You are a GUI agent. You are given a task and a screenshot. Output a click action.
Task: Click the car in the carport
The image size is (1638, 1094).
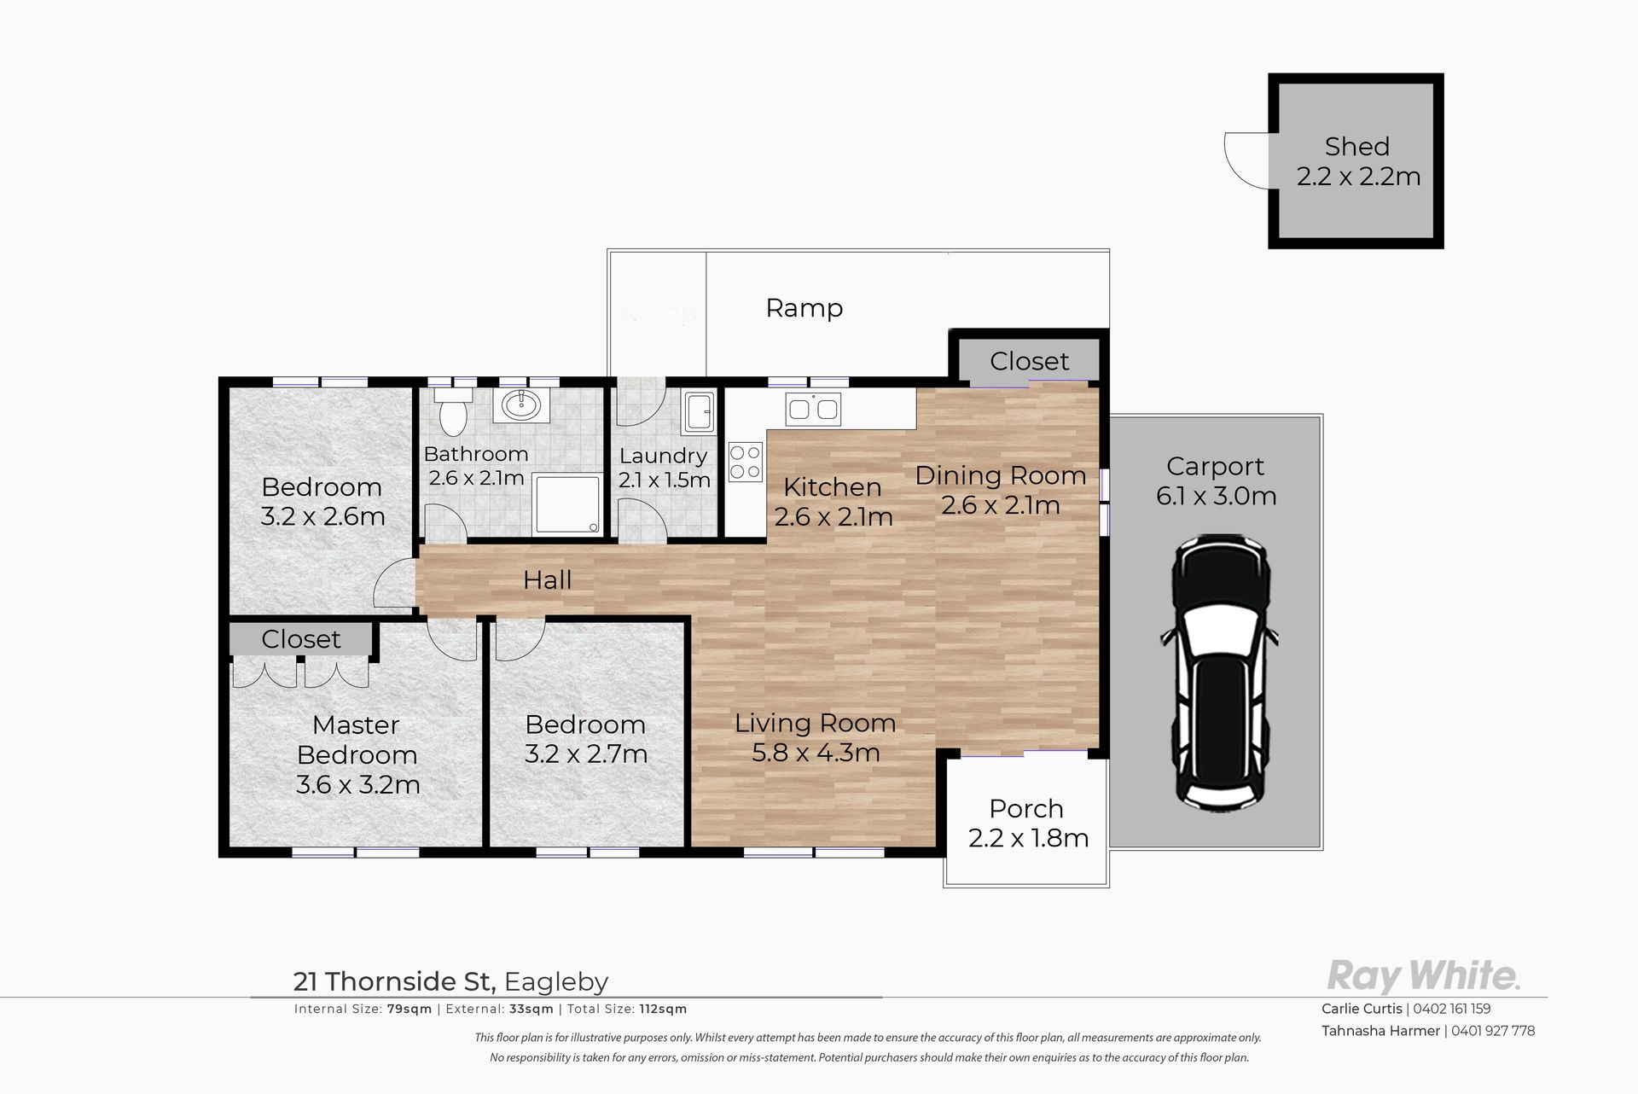[1218, 673]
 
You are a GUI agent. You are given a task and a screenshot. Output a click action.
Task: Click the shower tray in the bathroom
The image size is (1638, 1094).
[566, 504]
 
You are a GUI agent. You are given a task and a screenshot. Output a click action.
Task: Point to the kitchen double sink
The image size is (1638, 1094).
[814, 409]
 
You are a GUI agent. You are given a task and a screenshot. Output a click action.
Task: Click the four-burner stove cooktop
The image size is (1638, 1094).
[745, 462]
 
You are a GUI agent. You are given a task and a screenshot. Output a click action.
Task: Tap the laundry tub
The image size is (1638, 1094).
[700, 411]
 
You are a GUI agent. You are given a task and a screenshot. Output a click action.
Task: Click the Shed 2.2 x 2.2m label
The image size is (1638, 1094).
[1358, 161]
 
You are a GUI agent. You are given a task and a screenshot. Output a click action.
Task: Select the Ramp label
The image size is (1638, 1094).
[804, 308]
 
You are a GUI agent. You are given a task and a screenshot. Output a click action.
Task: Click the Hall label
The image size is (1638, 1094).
[547, 580]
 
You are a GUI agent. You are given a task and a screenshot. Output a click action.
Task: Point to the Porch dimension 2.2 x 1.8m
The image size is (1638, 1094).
[1028, 839]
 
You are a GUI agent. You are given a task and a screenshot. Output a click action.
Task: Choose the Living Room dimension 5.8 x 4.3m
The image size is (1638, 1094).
[816, 753]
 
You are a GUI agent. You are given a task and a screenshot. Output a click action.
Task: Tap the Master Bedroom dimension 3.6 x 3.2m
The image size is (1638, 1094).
[357, 784]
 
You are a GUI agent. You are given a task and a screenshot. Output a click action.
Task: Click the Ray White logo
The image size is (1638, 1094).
[1423, 975]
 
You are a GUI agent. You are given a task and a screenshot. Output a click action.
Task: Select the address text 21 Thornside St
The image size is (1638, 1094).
[394, 982]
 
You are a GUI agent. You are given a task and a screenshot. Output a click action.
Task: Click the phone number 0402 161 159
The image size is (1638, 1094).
[1452, 1009]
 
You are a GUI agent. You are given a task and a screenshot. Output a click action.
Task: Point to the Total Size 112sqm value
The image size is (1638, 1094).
[663, 1009]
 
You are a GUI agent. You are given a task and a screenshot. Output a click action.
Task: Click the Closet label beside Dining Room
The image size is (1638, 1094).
[1029, 361]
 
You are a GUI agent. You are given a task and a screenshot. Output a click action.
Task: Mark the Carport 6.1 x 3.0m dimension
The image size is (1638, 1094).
[1217, 496]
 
